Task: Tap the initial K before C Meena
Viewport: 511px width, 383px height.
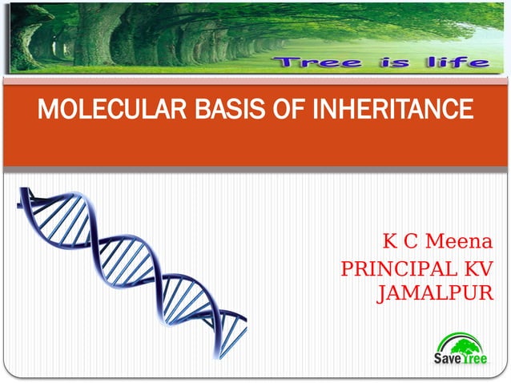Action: (390, 241)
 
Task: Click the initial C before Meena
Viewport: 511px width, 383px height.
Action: (408, 241)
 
